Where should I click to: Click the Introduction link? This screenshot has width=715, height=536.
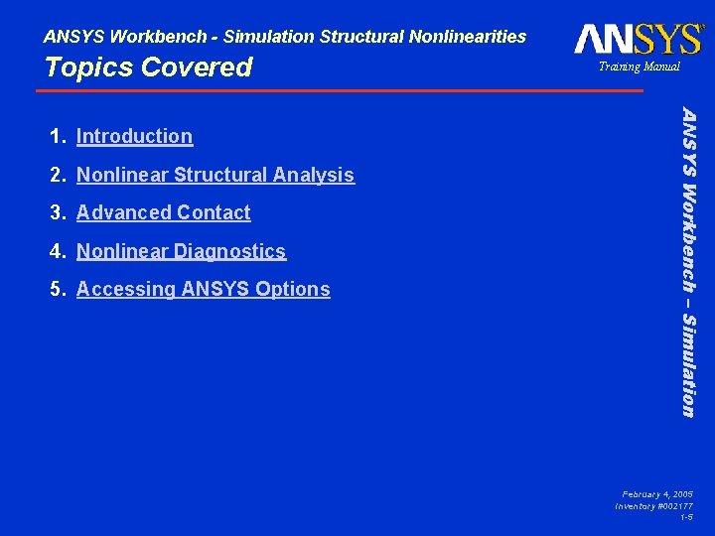coord(134,136)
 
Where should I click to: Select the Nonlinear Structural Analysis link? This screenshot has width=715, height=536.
coord(214,175)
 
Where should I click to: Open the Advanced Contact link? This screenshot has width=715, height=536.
coord(163,212)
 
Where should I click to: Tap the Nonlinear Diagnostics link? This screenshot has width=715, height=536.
coord(181,251)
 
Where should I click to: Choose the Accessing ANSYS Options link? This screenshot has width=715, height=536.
coord(203,289)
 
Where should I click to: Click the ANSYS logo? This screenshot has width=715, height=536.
coord(638,39)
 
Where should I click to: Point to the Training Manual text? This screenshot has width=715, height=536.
coord(639,67)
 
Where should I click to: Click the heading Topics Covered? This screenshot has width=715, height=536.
coord(148,67)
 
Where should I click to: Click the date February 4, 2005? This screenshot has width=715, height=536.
coord(657,493)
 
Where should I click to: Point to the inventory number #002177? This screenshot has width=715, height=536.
coord(654,506)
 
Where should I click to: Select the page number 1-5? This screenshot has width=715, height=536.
coord(686,517)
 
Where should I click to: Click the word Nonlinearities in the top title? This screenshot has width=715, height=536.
coord(466,37)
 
